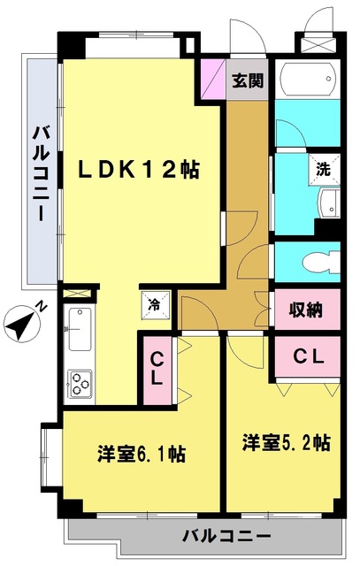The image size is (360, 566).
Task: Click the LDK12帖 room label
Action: click(139, 169)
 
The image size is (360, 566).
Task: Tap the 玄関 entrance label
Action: click(248, 80)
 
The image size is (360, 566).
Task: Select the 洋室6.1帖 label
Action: click(142, 454)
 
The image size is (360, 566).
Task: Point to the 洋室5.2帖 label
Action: click(286, 442)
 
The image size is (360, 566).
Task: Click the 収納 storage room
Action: click(307, 310)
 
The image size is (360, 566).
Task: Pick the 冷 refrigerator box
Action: click(156, 305)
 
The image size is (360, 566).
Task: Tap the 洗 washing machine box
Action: click(325, 169)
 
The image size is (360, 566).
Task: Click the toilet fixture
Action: click(321, 263)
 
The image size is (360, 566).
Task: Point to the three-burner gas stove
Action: click(80, 383)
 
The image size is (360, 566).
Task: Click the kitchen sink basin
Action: click(80, 329)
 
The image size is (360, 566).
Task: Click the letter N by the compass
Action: click(42, 307)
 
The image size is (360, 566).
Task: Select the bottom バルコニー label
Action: click(226, 535)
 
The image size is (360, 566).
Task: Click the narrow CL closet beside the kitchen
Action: click(157, 371)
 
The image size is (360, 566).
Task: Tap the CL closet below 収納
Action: click(308, 357)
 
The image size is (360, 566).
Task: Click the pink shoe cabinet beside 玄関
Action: click(213, 79)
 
